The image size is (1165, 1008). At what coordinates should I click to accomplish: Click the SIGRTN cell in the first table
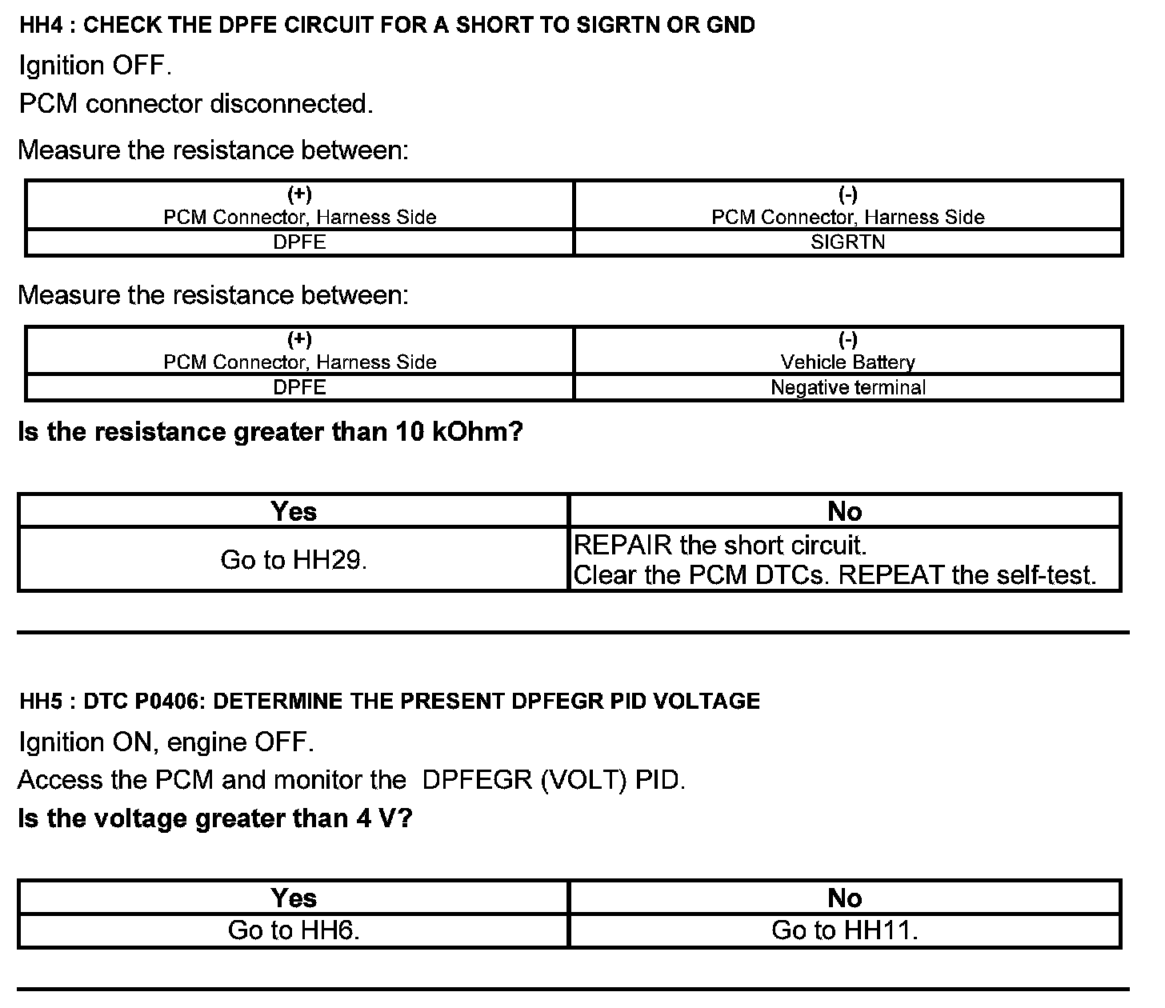pos(847,242)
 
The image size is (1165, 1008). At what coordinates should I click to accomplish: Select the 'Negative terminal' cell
pos(847,388)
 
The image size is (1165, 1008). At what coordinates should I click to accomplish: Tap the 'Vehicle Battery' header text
pos(847,362)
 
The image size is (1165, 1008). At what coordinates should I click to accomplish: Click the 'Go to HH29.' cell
pos(294,560)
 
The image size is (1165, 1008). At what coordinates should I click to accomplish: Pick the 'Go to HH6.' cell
pos(294,930)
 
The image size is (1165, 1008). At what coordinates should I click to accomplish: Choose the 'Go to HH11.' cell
pos(844,930)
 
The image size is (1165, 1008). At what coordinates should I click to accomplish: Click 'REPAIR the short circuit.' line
pos(720,546)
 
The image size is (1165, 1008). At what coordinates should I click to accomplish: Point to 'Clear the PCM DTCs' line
pos(835,575)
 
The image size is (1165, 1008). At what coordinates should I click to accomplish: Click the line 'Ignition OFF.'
pos(95,66)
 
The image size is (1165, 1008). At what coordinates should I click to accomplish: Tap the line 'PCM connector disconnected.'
pos(196,104)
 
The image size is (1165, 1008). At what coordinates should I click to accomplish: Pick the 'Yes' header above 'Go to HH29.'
pos(294,511)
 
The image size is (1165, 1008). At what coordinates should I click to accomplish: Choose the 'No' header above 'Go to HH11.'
pos(844,898)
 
